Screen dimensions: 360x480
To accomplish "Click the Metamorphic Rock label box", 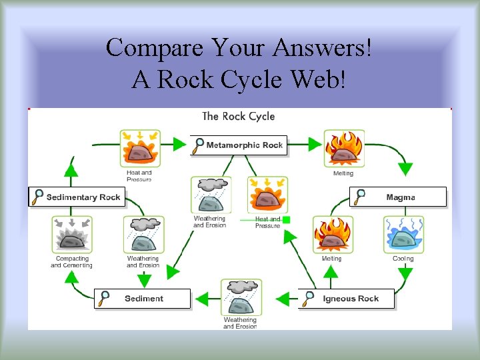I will click(239, 145).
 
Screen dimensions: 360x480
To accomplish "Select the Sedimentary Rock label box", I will click(77, 197).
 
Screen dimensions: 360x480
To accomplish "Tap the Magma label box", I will click(398, 197).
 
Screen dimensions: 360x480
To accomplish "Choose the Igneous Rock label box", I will click(347, 298).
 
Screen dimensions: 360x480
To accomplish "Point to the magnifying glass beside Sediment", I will click(104, 298).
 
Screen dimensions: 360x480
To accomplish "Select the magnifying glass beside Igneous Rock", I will click(308, 298).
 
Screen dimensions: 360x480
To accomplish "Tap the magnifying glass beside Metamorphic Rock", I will click(198, 145).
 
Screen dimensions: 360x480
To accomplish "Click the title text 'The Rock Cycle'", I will click(238, 117).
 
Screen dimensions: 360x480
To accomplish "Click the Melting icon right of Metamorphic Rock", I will click(343, 149).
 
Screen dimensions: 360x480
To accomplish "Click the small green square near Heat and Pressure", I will click(285, 219).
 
